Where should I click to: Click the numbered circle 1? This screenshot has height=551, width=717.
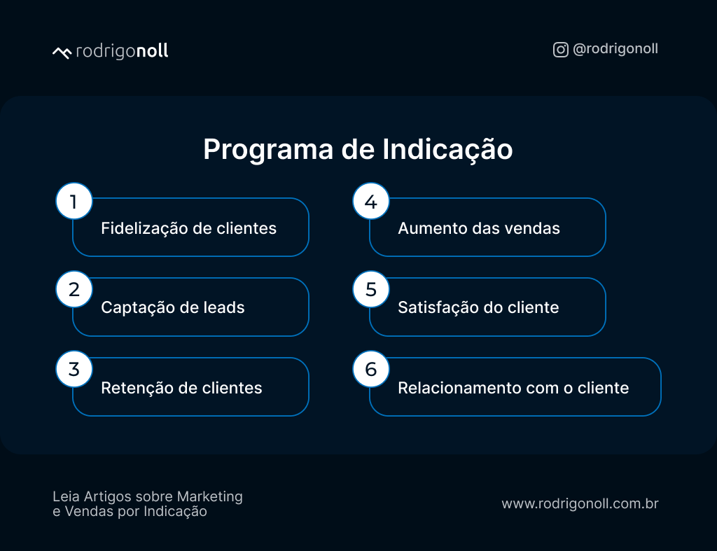(x=74, y=202)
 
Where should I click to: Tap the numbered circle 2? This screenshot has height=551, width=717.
(x=74, y=289)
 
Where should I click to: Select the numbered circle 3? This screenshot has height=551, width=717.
(x=74, y=369)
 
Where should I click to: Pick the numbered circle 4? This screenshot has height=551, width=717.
(x=371, y=202)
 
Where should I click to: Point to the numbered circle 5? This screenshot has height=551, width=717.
(x=371, y=289)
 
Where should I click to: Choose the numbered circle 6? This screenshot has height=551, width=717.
(x=371, y=369)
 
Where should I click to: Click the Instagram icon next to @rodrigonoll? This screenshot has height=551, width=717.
(x=560, y=50)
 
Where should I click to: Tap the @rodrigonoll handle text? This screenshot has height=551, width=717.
(x=615, y=50)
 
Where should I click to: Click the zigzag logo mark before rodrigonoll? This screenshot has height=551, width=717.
(x=62, y=53)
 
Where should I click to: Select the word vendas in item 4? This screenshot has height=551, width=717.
(x=536, y=228)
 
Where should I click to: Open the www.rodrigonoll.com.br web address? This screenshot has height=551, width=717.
(x=580, y=503)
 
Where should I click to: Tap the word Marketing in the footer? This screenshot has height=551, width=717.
(x=209, y=496)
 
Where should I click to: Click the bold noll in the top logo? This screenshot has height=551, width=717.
(x=152, y=51)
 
